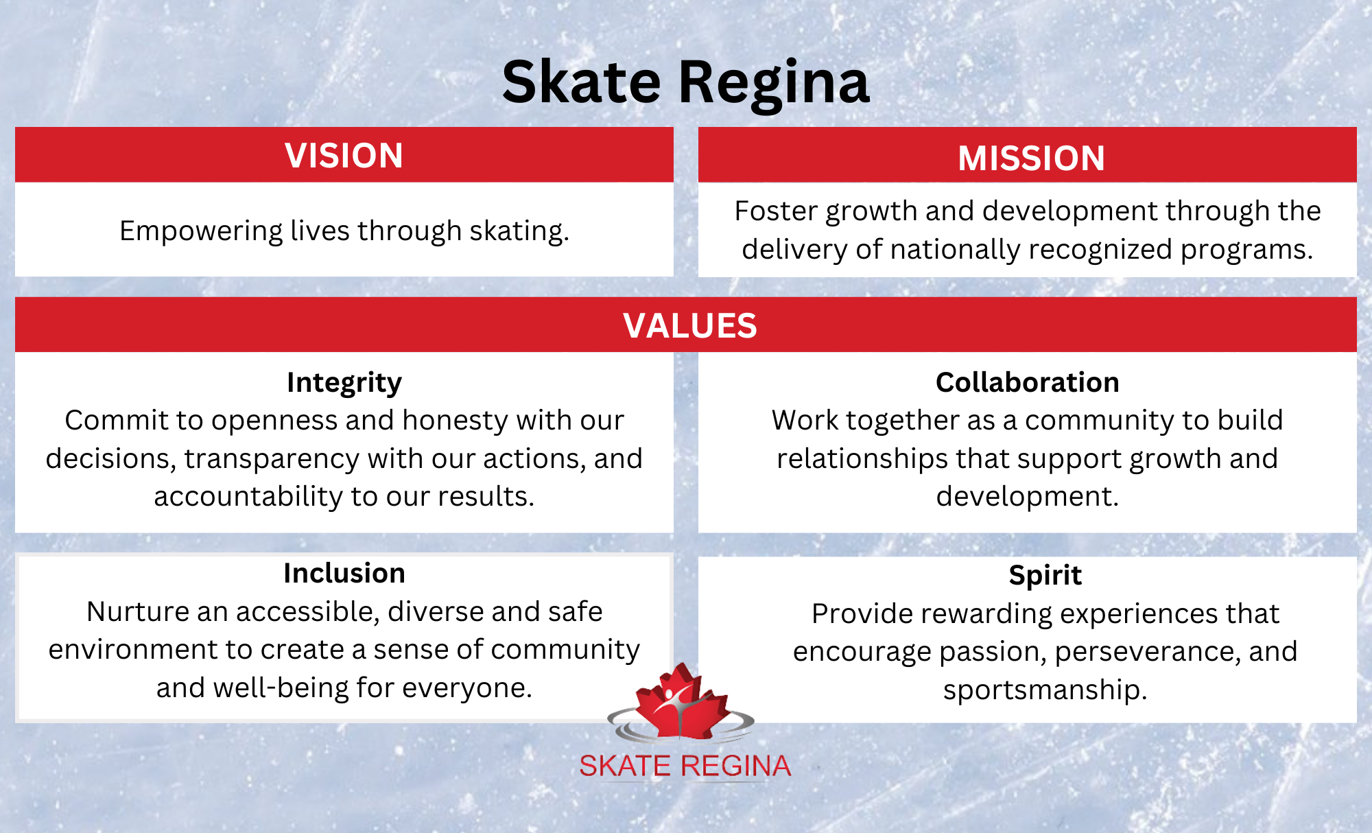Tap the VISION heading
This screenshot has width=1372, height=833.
(x=344, y=156)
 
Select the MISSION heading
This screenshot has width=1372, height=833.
(x=1031, y=159)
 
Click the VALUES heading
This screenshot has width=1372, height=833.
(x=690, y=326)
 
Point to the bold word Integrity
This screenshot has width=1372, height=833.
(x=344, y=383)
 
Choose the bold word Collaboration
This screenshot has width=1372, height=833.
(x=1028, y=382)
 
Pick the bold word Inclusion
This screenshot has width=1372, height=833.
(x=344, y=573)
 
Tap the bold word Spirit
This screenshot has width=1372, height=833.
(x=1045, y=576)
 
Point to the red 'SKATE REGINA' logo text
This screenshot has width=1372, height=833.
(x=685, y=766)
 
